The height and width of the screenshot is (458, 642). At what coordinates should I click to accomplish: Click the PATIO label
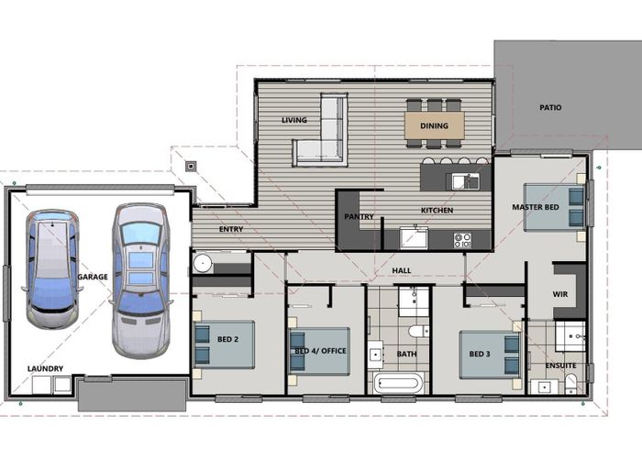pyautogui.click(x=550, y=107)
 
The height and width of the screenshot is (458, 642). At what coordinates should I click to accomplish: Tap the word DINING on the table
pyautogui.click(x=434, y=126)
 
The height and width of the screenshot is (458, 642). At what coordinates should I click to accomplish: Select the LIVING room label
pyautogui.click(x=294, y=120)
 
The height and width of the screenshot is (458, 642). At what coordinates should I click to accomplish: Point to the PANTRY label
pyautogui.click(x=359, y=217)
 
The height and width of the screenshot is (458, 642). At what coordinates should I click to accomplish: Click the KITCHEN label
pyautogui.click(x=437, y=210)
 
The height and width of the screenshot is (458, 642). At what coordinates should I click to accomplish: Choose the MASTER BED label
pyautogui.click(x=535, y=207)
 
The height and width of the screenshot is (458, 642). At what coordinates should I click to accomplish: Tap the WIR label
pyautogui.click(x=560, y=294)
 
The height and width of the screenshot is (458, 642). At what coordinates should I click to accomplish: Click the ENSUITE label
pyautogui.click(x=561, y=365)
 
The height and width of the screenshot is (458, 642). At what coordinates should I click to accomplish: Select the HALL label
pyautogui.click(x=402, y=271)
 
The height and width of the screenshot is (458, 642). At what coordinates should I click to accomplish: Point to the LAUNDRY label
pyautogui.click(x=45, y=368)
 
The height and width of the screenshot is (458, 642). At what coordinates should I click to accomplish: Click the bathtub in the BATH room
pyautogui.click(x=397, y=384)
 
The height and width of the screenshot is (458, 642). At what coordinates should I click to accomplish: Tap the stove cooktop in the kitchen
pyautogui.click(x=462, y=240)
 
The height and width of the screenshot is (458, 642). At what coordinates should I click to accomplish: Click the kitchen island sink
pyautogui.click(x=466, y=181)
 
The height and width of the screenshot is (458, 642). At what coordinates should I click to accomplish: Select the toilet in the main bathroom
pyautogui.click(x=418, y=331)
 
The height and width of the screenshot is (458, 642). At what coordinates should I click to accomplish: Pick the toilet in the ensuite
pyautogui.click(x=570, y=385)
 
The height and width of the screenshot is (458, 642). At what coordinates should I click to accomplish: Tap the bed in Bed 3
pyautogui.click(x=490, y=354)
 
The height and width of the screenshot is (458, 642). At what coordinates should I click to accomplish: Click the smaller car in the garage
pyautogui.click(x=52, y=269)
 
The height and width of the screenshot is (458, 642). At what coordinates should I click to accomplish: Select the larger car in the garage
pyautogui.click(x=141, y=280)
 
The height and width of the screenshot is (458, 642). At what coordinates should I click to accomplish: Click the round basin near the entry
pyautogui.click(x=203, y=264)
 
